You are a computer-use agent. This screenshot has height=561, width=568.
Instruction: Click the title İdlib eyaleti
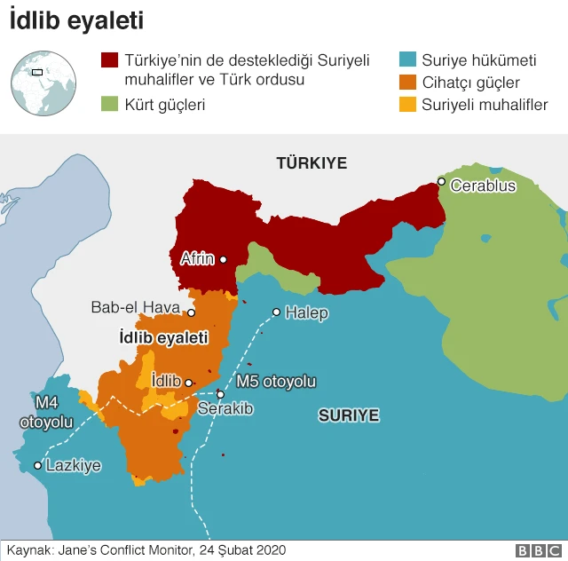click(x=76, y=20)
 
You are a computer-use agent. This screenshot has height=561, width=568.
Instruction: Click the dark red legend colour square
click(x=110, y=61)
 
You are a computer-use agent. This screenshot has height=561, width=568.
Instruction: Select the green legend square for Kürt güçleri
click(x=110, y=104)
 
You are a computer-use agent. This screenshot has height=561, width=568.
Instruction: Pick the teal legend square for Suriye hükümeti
click(x=407, y=61)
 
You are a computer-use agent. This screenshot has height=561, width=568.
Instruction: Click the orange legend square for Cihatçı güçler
click(x=407, y=83)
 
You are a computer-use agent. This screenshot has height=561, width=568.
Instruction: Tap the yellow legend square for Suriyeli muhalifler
click(x=407, y=104)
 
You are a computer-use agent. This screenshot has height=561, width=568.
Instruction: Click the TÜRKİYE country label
click(x=312, y=163)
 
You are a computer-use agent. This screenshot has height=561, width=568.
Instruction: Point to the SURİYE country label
click(x=349, y=415)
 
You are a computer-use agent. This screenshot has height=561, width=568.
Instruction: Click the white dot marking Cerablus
click(x=441, y=182)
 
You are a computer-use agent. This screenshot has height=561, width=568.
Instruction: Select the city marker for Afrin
click(x=224, y=260)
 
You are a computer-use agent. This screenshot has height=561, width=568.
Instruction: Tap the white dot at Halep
click(x=277, y=312)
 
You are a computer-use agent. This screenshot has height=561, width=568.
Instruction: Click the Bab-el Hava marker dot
click(x=191, y=312)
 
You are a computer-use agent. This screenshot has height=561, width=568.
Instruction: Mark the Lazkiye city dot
click(x=37, y=465)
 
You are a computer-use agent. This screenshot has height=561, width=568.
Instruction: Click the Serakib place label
click(x=225, y=409)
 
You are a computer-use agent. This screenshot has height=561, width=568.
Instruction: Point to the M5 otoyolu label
click(x=276, y=382)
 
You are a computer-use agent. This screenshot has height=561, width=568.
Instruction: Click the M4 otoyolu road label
click(x=46, y=414)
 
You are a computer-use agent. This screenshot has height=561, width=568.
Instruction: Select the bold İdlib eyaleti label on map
click(x=163, y=338)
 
